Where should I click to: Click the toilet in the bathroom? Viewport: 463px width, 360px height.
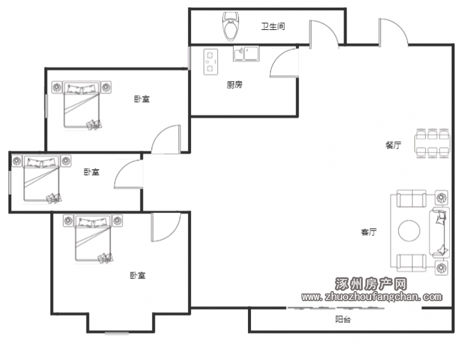click(231, 26)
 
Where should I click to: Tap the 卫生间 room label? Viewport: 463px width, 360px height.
click(273, 26)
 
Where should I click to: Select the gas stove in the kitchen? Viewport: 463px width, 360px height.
click(211, 62)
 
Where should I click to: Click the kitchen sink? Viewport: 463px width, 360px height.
click(246, 53)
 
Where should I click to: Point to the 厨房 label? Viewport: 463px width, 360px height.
click(234, 85)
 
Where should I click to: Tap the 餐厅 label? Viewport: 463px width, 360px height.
click(393, 145)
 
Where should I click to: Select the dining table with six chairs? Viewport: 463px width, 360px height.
click(432, 143)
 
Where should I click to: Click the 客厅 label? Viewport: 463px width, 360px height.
click(369, 232)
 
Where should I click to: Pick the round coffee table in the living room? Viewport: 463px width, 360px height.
click(409, 231)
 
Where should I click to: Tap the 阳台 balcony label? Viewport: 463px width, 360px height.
click(343, 319)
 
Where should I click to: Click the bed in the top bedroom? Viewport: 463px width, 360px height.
click(82, 105)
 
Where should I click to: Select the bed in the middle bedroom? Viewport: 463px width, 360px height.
click(41, 179)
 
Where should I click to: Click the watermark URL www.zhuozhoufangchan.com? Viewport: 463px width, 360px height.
click(372, 296)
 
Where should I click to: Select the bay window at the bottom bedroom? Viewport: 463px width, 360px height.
click(117, 334)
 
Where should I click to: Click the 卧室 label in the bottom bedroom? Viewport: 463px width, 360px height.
click(138, 275)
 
